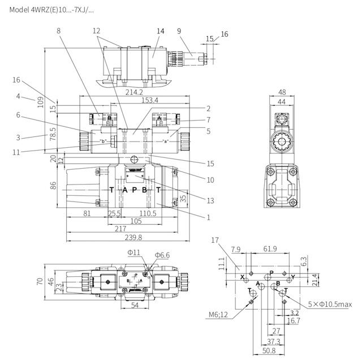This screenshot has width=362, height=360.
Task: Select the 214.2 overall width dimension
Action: point(134,92)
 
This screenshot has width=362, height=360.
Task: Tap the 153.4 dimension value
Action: point(150,100)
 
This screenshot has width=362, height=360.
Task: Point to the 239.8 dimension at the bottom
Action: point(133,237)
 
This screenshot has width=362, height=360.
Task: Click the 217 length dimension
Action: point(120,229)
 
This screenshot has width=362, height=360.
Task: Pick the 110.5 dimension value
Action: point(148,213)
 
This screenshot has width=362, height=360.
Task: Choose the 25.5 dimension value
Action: point(114,213)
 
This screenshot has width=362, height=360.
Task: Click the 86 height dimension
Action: point(53,185)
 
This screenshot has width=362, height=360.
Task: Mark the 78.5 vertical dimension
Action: point(53,134)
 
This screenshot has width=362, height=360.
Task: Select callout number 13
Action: point(210,200)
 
